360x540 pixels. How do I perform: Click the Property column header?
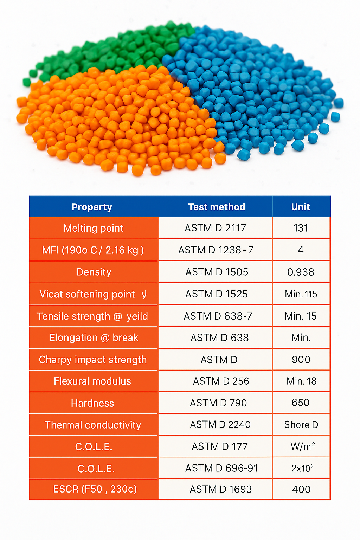tap(92, 207)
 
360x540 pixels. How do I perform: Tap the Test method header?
tap(216, 207)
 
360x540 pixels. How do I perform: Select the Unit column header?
tap(301, 207)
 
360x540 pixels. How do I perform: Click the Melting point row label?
tap(93, 228)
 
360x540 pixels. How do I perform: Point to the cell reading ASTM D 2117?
tap(215, 228)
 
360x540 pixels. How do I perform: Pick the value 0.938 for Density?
tap(301, 272)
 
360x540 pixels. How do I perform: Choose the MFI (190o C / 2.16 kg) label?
tap(93, 250)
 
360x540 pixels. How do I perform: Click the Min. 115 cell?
tap(301, 294)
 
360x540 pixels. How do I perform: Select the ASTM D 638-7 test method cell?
tap(218, 316)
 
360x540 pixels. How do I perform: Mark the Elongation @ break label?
tap(94, 337)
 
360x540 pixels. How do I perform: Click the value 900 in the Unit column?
tap(301, 359)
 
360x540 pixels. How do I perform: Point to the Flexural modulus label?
tap(92, 381)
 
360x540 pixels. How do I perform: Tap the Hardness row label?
tap(92, 403)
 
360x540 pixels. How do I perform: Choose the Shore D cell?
tap(301, 425)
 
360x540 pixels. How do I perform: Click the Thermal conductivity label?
tap(93, 425)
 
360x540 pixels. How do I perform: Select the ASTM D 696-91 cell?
tap(221, 468)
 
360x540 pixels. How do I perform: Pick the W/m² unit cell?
tap(302, 446)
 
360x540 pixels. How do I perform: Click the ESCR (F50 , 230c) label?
tap(95, 489)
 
